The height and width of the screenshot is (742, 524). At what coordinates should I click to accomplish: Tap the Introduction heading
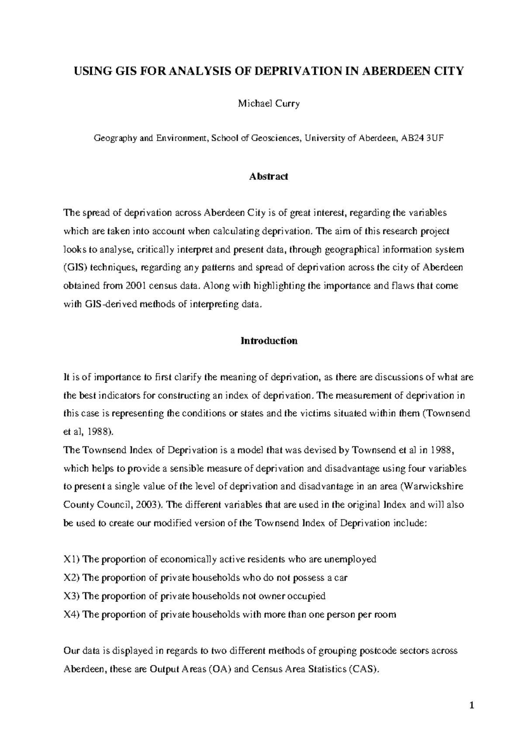pyautogui.click(x=269, y=341)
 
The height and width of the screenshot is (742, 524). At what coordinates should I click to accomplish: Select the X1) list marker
pyautogui.click(x=72, y=559)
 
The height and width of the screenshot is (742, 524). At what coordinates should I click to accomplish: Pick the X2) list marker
pyautogui.click(x=72, y=577)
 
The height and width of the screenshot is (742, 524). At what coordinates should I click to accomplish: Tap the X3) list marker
pyautogui.click(x=72, y=596)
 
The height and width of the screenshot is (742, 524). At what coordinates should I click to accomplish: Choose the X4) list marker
pyautogui.click(x=72, y=614)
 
